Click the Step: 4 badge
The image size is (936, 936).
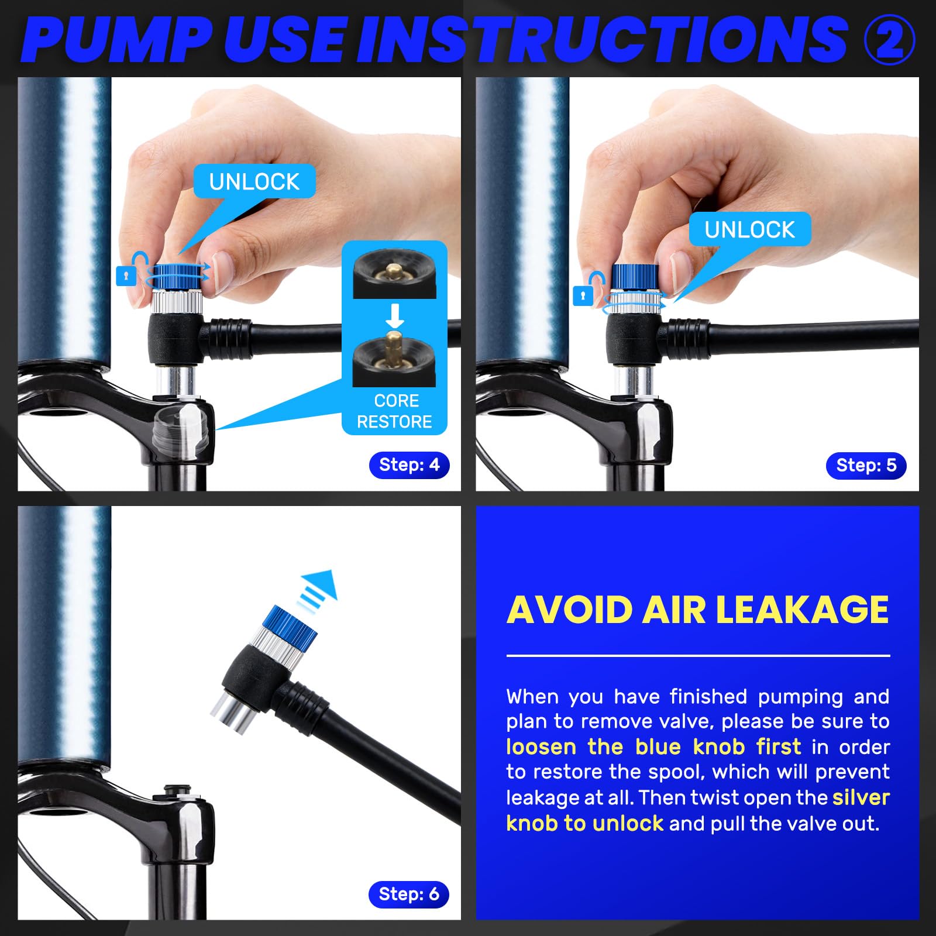(x=409, y=465)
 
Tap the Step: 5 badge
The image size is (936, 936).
(x=866, y=466)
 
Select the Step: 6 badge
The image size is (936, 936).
(x=409, y=894)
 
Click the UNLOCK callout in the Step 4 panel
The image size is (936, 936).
(x=254, y=181)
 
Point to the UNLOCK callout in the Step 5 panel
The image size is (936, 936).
(x=750, y=229)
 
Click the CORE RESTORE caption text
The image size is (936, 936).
(x=395, y=411)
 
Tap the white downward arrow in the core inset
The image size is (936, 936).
(x=395, y=315)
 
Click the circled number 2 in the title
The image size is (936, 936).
(x=889, y=39)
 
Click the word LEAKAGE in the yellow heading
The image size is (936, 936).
(x=802, y=610)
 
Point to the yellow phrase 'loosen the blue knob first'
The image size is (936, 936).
(x=653, y=747)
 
